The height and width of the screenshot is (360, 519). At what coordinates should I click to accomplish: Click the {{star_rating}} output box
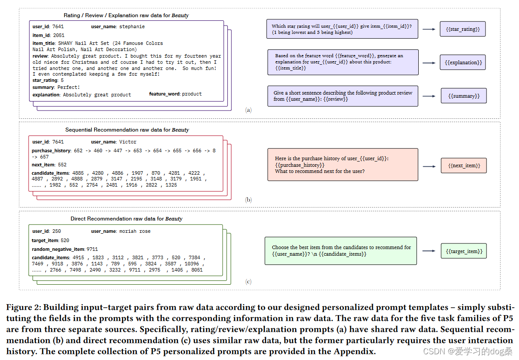[x=463, y=29]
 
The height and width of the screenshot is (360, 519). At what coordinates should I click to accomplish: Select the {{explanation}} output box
[x=463, y=62]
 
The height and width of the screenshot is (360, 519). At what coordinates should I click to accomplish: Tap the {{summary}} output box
[x=464, y=96]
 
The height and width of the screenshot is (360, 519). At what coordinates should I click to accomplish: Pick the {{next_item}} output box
[x=464, y=165]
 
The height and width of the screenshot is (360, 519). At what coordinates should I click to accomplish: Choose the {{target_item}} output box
[x=464, y=251]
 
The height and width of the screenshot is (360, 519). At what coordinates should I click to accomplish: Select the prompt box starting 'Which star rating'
[x=342, y=29]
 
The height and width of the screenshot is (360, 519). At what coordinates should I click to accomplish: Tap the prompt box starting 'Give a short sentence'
[x=343, y=96]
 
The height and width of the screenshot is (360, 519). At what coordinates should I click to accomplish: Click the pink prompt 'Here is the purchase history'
[x=343, y=165]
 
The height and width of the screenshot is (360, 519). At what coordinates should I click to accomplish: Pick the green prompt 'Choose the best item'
[x=340, y=251]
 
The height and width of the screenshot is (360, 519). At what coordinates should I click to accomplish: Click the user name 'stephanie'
[x=132, y=27]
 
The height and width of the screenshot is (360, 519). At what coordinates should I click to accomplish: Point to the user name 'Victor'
[x=128, y=142]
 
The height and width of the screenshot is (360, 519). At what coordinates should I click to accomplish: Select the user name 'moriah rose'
[x=135, y=231]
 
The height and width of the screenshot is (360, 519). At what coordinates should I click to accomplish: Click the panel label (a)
[x=249, y=110]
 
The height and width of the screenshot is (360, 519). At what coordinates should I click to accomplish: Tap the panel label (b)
[x=249, y=200]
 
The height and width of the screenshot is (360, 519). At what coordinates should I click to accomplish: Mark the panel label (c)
[x=249, y=282]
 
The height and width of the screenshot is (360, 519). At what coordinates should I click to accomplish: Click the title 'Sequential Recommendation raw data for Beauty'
[x=127, y=130]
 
